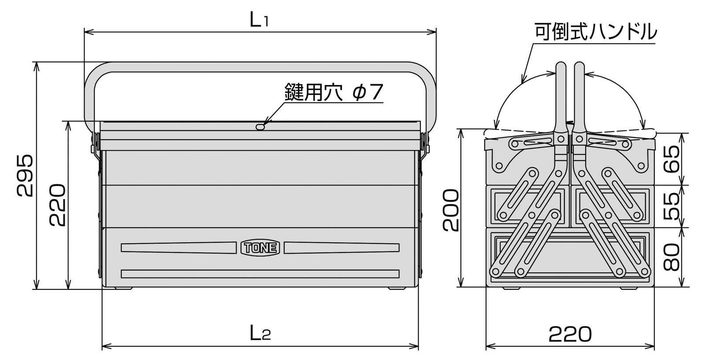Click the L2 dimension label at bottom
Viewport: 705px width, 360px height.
tap(260, 334)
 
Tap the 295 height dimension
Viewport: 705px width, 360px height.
tap(26, 175)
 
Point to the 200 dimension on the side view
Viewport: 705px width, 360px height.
tap(451, 211)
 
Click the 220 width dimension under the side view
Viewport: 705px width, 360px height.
tap(570, 335)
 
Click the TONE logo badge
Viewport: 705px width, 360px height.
tap(260, 248)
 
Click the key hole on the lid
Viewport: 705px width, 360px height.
tap(260, 126)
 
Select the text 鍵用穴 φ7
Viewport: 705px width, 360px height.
tap(334, 93)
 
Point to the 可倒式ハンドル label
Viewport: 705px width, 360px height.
tap(595, 32)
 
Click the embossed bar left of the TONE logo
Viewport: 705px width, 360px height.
tap(178, 248)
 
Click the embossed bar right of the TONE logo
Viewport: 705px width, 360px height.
tap(341, 248)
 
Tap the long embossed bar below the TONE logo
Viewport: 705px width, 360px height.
tap(260, 274)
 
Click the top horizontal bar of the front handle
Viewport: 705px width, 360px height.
tap(260, 67)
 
